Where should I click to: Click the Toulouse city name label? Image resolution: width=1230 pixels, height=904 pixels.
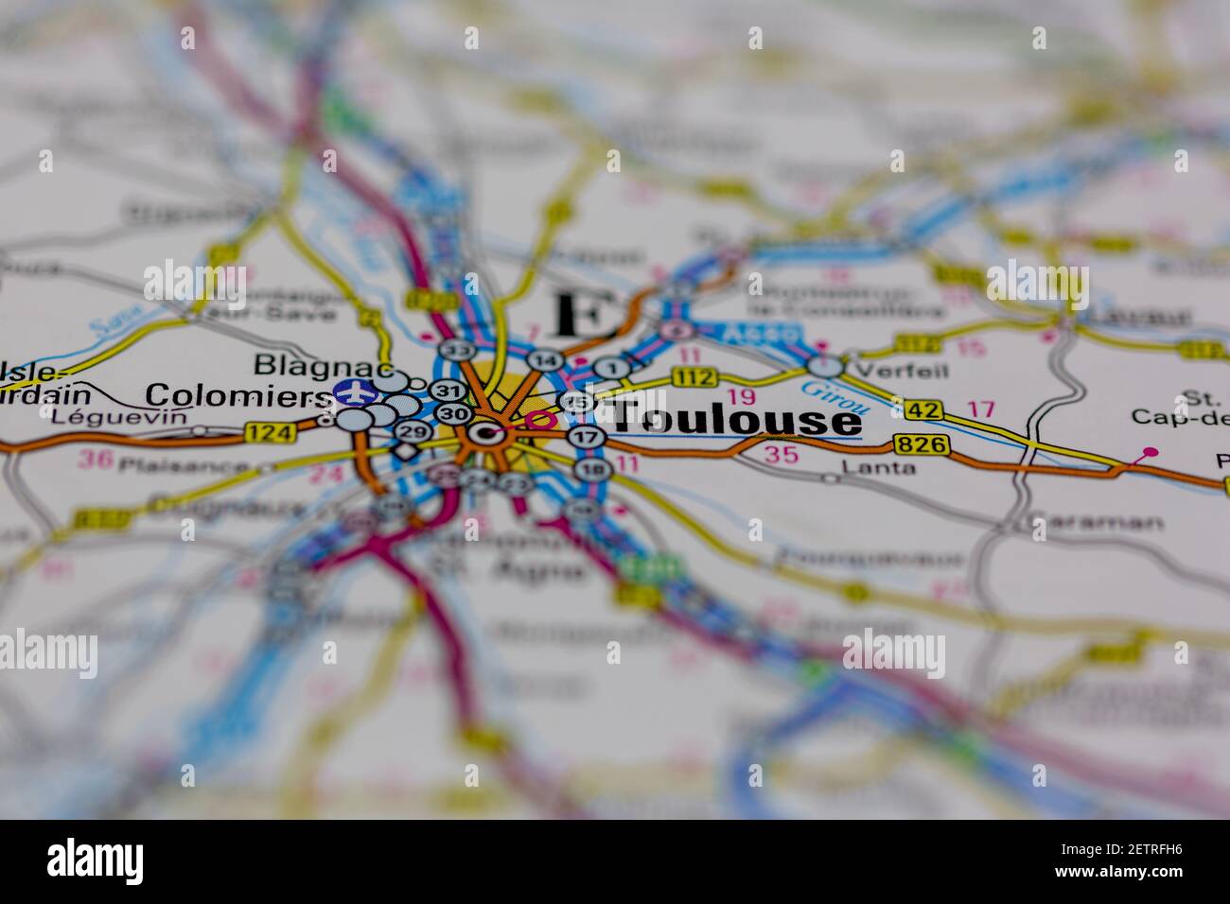pos(734,420)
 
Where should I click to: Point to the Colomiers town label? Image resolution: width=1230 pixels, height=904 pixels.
pos(235,395)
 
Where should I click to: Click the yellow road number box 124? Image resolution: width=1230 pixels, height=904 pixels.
pos(271,433)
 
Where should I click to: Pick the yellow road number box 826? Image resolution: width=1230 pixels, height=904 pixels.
pos(920,444)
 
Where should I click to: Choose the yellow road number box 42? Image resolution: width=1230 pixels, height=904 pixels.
pos(924,409)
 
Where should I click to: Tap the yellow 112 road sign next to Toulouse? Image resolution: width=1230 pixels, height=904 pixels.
pos(694,378)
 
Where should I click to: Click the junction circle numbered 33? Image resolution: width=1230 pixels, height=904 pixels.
pos(459,350)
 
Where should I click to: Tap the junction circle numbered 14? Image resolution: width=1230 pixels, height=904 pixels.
pos(544,360)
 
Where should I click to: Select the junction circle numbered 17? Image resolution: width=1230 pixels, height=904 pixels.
pos(587,437)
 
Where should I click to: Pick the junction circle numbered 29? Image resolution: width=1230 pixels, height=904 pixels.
pos(412,432)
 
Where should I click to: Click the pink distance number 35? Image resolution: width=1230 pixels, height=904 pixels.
pos(782,455)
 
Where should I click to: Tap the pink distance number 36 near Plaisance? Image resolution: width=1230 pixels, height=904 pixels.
pos(95,461)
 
